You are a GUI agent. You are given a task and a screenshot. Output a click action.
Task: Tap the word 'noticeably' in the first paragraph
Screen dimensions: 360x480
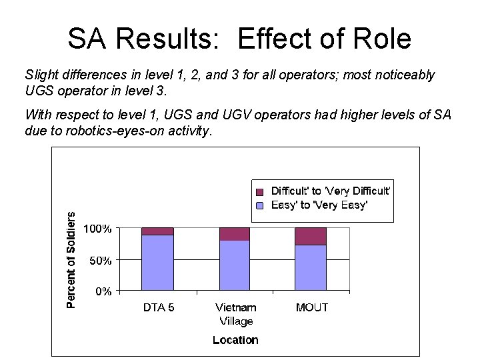pos(400,75)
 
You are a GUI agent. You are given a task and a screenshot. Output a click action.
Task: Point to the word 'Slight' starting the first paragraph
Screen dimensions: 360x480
pos(41,75)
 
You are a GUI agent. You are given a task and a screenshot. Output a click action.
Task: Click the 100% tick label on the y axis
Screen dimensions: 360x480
pos(97,229)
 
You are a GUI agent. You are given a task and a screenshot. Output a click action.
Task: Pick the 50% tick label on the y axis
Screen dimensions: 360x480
pos(101,261)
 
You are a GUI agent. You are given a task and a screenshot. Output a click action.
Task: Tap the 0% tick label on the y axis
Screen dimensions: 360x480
pos(103,291)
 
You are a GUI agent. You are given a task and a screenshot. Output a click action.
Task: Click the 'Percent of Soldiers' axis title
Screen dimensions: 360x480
pos(71,260)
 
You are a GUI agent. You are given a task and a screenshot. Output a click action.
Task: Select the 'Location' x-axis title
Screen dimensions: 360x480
pos(235,340)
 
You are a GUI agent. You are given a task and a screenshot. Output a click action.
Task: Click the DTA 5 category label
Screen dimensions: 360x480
pos(159,308)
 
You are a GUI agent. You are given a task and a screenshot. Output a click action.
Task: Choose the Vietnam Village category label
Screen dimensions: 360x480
pos(235,314)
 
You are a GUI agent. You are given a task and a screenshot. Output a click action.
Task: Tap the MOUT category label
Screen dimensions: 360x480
pos(311,308)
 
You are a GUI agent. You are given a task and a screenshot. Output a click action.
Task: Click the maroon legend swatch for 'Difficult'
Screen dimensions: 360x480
pos(261,191)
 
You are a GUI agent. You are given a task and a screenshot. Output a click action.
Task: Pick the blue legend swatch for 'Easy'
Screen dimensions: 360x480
pos(261,205)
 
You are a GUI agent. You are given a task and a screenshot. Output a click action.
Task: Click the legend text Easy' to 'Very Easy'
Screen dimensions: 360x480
pos(319,205)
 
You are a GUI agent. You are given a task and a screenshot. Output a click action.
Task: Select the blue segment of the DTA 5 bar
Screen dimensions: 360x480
pos(157,263)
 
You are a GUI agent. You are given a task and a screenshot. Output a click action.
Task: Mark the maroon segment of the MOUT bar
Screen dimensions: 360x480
pos(311,236)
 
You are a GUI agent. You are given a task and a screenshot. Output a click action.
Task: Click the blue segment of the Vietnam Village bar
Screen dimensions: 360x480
pos(235,265)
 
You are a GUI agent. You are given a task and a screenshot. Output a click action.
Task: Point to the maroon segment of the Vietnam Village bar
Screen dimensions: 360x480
pos(235,233)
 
